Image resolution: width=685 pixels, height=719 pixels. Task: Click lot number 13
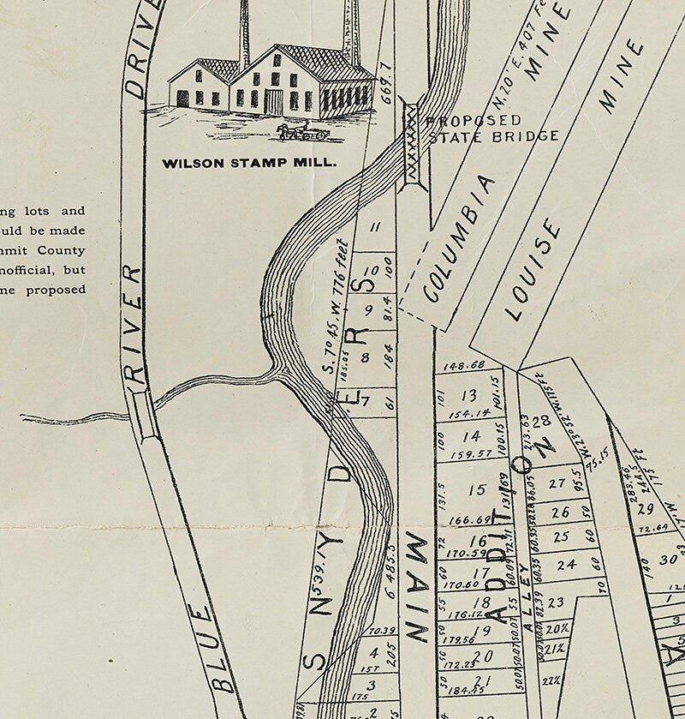[x=468, y=396]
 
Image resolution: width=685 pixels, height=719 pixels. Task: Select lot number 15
[x=477, y=490]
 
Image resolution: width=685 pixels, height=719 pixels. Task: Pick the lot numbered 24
[x=566, y=566]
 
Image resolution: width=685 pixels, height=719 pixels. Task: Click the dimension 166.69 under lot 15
[x=468, y=519]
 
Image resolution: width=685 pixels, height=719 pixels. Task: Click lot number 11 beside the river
[x=374, y=227]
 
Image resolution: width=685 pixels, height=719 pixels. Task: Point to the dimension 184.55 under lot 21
[x=466, y=688]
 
